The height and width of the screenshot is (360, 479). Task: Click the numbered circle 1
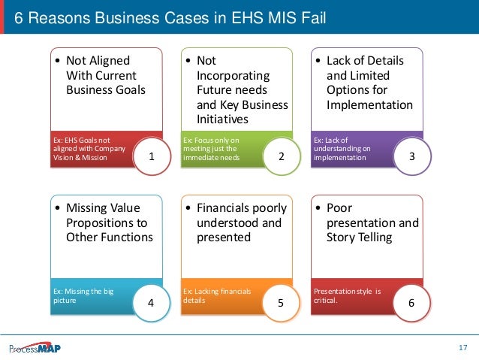tap(152, 157)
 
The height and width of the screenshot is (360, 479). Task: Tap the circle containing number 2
tap(281, 157)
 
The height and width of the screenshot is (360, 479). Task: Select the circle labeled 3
tap(410, 157)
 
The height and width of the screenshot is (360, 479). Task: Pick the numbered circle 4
tap(152, 304)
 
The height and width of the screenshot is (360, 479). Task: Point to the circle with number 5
tap(281, 304)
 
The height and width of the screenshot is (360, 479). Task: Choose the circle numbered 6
tap(410, 304)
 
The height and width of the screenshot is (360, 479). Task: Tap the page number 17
tap(462, 347)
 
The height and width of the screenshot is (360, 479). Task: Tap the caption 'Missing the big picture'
tap(83, 295)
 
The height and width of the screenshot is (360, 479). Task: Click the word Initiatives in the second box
tap(222, 119)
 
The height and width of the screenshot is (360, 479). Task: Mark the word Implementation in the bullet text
tap(369, 104)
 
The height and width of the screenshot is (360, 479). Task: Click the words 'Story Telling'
tap(359, 237)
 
